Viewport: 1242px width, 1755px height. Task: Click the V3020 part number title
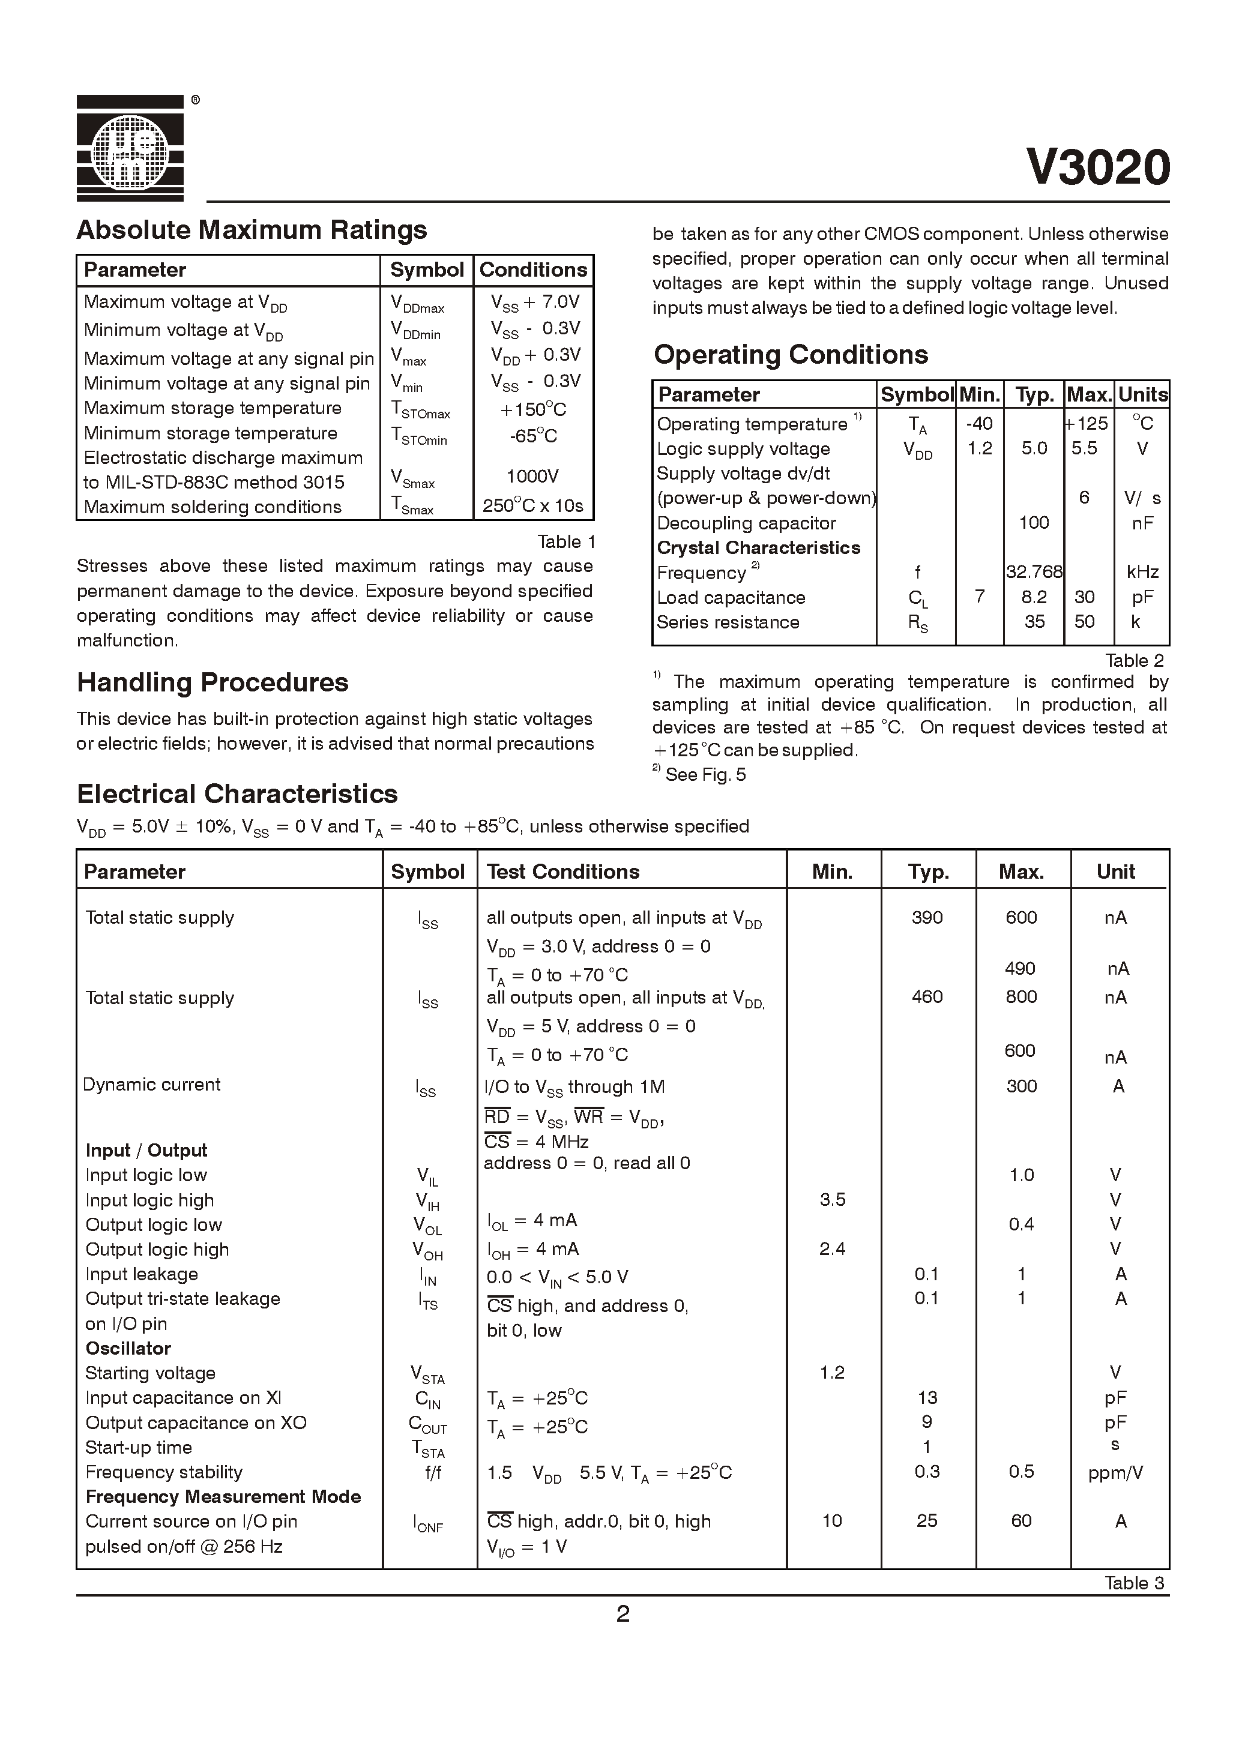(x=1097, y=167)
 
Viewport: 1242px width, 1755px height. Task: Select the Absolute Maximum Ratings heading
(x=252, y=230)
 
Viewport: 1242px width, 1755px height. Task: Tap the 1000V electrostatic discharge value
(x=532, y=477)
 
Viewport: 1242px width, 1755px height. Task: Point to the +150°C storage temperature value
(x=532, y=410)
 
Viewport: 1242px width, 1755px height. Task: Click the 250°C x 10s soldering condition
(x=532, y=506)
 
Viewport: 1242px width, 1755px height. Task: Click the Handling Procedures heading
(x=213, y=682)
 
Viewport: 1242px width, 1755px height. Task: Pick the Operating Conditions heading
(x=790, y=355)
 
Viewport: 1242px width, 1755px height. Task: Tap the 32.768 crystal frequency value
(x=1034, y=572)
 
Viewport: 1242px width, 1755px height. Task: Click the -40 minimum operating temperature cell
(x=979, y=424)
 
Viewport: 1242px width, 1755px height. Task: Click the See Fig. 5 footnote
(x=704, y=775)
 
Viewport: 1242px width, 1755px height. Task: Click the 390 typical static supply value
(x=927, y=918)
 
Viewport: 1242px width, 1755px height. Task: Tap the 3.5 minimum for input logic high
(x=832, y=1200)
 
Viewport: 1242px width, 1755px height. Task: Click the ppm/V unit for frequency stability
(x=1115, y=1473)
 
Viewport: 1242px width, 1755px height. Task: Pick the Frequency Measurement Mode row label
(x=223, y=1496)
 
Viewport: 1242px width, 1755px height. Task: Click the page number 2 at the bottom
(x=623, y=1613)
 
